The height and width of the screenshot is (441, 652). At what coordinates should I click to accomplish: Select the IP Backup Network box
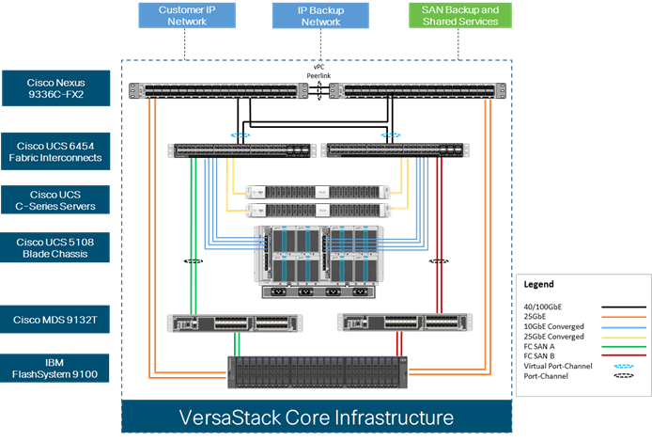(x=320, y=15)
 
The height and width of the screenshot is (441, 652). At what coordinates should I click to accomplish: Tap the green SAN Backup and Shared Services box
(x=460, y=15)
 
